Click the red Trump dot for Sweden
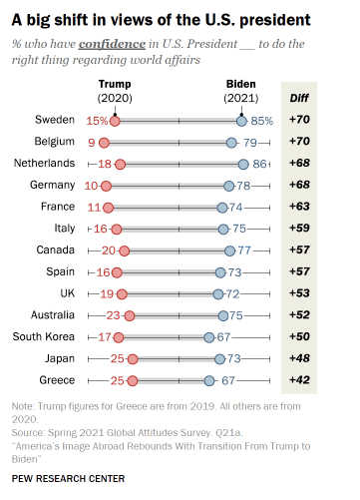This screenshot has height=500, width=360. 116,121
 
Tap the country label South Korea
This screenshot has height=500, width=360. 43,336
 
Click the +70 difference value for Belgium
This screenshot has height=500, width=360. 299,142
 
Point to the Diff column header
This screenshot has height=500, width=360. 299,98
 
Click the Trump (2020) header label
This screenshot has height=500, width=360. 116,91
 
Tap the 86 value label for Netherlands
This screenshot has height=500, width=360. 261,164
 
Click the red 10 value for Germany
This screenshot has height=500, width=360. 91,186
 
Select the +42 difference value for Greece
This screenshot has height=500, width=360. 299,380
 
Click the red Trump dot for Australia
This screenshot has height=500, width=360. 129,315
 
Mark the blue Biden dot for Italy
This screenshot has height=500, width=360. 225,229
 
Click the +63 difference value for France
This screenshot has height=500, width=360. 299,207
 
